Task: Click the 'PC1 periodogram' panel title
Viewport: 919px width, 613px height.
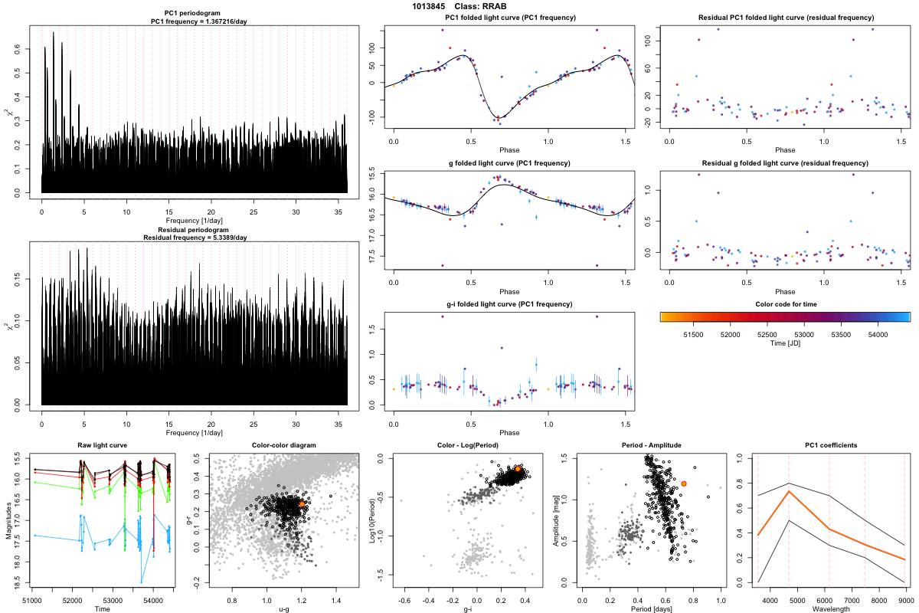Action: [x=194, y=15]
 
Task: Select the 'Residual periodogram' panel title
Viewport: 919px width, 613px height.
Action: [x=194, y=229]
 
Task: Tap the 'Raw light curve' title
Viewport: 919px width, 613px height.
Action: [x=103, y=446]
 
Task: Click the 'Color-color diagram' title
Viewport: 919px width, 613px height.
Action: [x=284, y=446]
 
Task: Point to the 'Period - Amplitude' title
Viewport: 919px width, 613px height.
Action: [x=648, y=446]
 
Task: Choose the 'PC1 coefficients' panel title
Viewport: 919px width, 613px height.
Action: [x=831, y=446]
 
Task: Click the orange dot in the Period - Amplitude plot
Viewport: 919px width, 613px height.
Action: [x=684, y=484]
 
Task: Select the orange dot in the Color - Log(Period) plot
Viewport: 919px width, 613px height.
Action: [x=518, y=469]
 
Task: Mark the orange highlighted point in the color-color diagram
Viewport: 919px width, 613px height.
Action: [x=303, y=504]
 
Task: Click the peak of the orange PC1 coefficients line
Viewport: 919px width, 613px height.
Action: [x=789, y=491]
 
